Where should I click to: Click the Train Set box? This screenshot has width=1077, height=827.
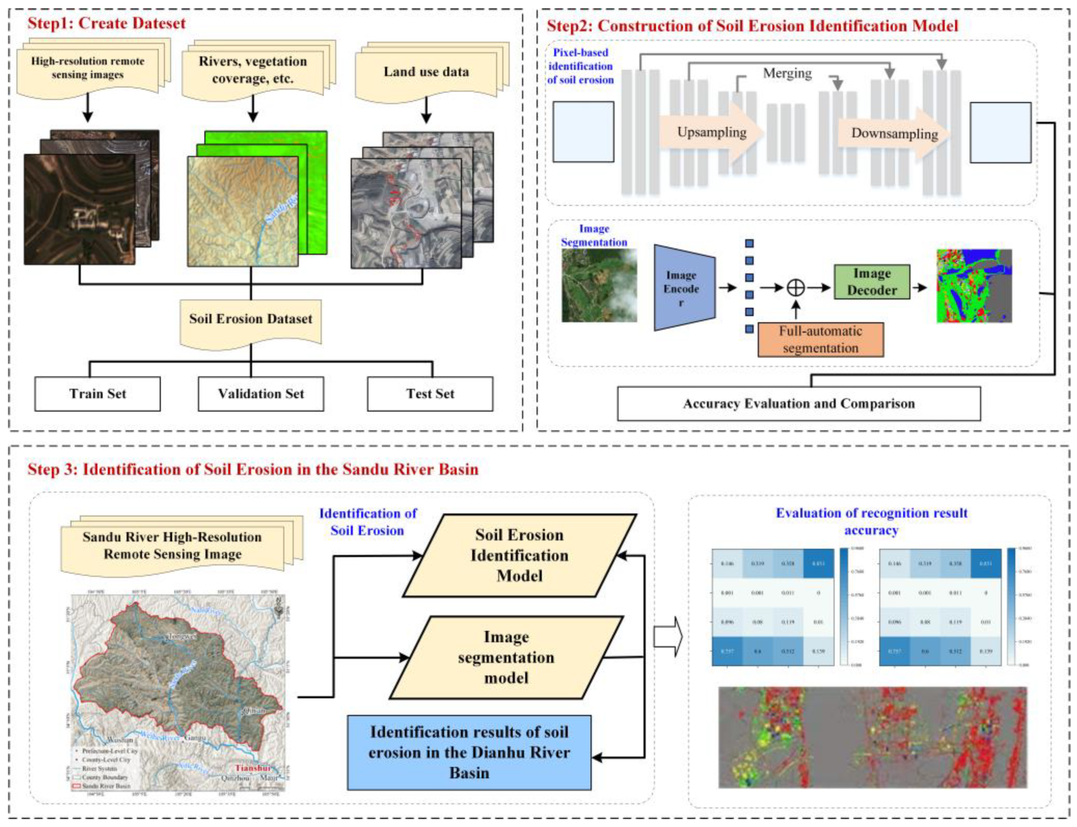pos(97,394)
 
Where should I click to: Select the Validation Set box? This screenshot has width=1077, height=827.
pos(261,394)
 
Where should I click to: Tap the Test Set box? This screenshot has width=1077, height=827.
pos(430,394)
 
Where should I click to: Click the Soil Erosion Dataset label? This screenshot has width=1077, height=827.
pos(250,319)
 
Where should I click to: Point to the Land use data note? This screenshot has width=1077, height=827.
pos(426,72)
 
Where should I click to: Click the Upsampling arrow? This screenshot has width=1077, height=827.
pos(712,132)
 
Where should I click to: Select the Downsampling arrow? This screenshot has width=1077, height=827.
pos(894,133)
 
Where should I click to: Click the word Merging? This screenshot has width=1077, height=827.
pos(787,73)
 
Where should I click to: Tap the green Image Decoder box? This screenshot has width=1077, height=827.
pos(872,282)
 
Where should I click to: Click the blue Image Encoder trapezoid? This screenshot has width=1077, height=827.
pos(683,288)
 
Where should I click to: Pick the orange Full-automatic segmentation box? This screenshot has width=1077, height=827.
pos(820,339)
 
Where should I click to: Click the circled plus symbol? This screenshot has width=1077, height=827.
pos(796,287)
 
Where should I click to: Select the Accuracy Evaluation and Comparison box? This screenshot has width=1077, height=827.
pos(798,404)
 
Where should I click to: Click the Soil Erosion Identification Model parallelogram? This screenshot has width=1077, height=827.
pos(519,555)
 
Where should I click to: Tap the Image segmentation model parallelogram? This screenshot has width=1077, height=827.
pos(506,657)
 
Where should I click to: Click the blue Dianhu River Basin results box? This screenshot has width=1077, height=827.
pos(469,752)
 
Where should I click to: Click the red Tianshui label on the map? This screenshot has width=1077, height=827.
pos(252,768)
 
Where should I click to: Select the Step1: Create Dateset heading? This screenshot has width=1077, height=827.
pos(106,23)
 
